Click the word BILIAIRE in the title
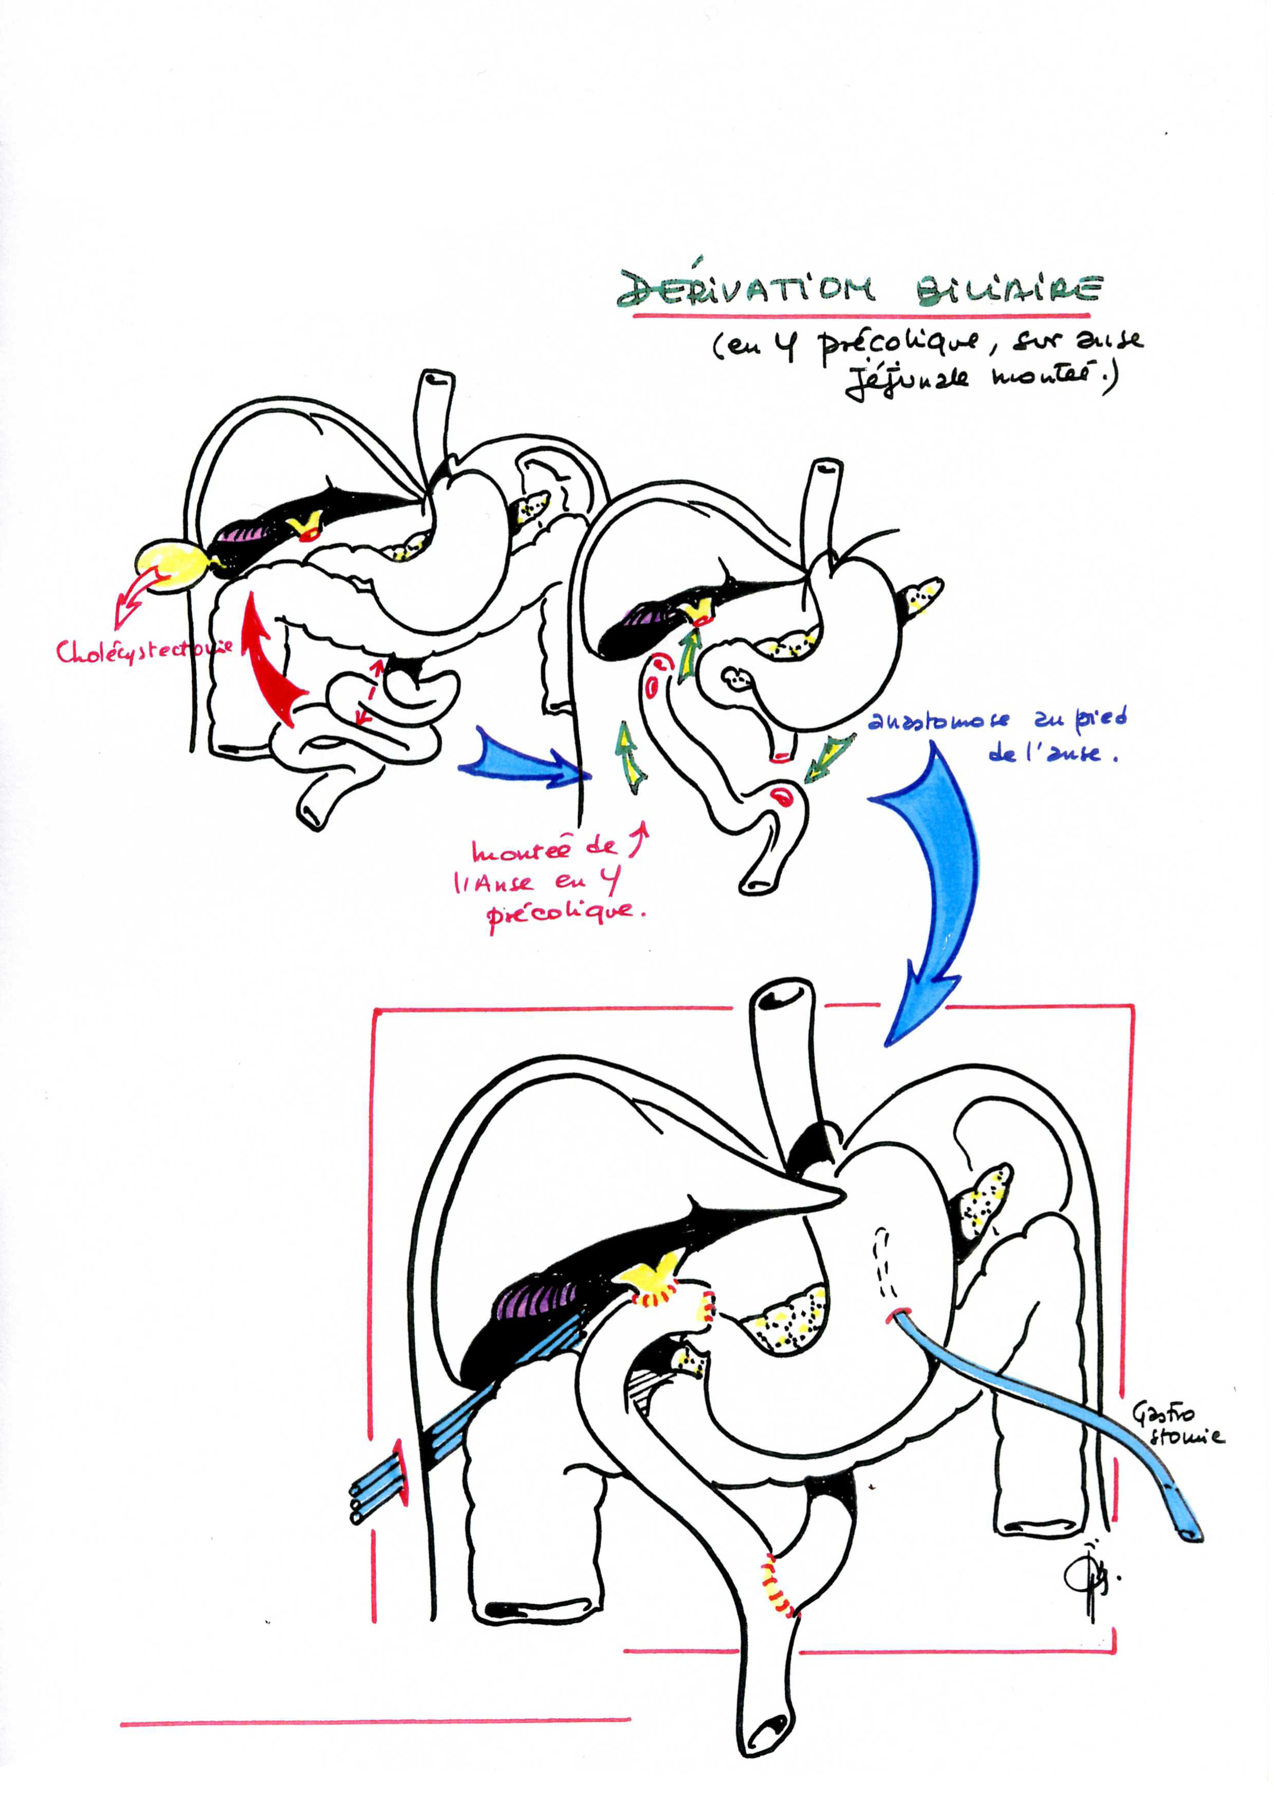point(1009,290)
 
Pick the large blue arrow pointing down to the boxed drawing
point(934,887)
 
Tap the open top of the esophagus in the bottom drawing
point(780,997)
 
